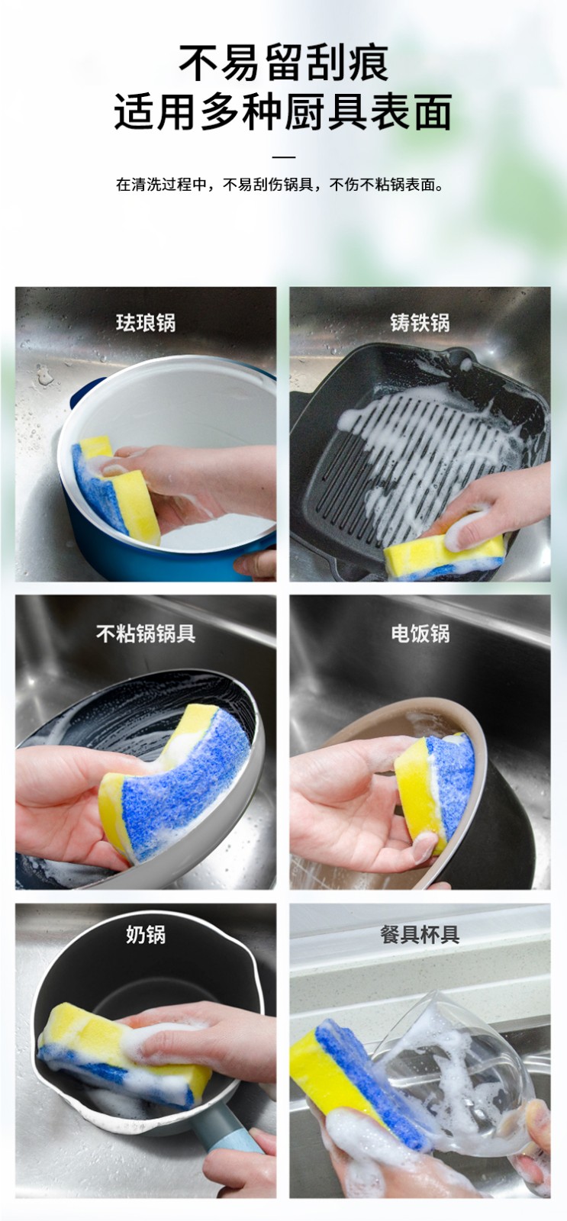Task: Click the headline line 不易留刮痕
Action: pyautogui.click(x=284, y=63)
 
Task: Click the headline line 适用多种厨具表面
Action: pyautogui.click(x=284, y=111)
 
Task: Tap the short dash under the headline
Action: pyautogui.click(x=284, y=157)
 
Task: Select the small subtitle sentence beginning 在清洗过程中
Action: pyautogui.click(x=280, y=185)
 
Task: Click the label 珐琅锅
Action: pyautogui.click(x=146, y=323)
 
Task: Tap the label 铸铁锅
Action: pyautogui.click(x=420, y=323)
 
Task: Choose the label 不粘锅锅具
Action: pyautogui.click(x=146, y=633)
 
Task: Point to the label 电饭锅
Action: pyautogui.click(x=420, y=633)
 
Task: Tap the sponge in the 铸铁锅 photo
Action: pyautogui.click(x=444, y=553)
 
